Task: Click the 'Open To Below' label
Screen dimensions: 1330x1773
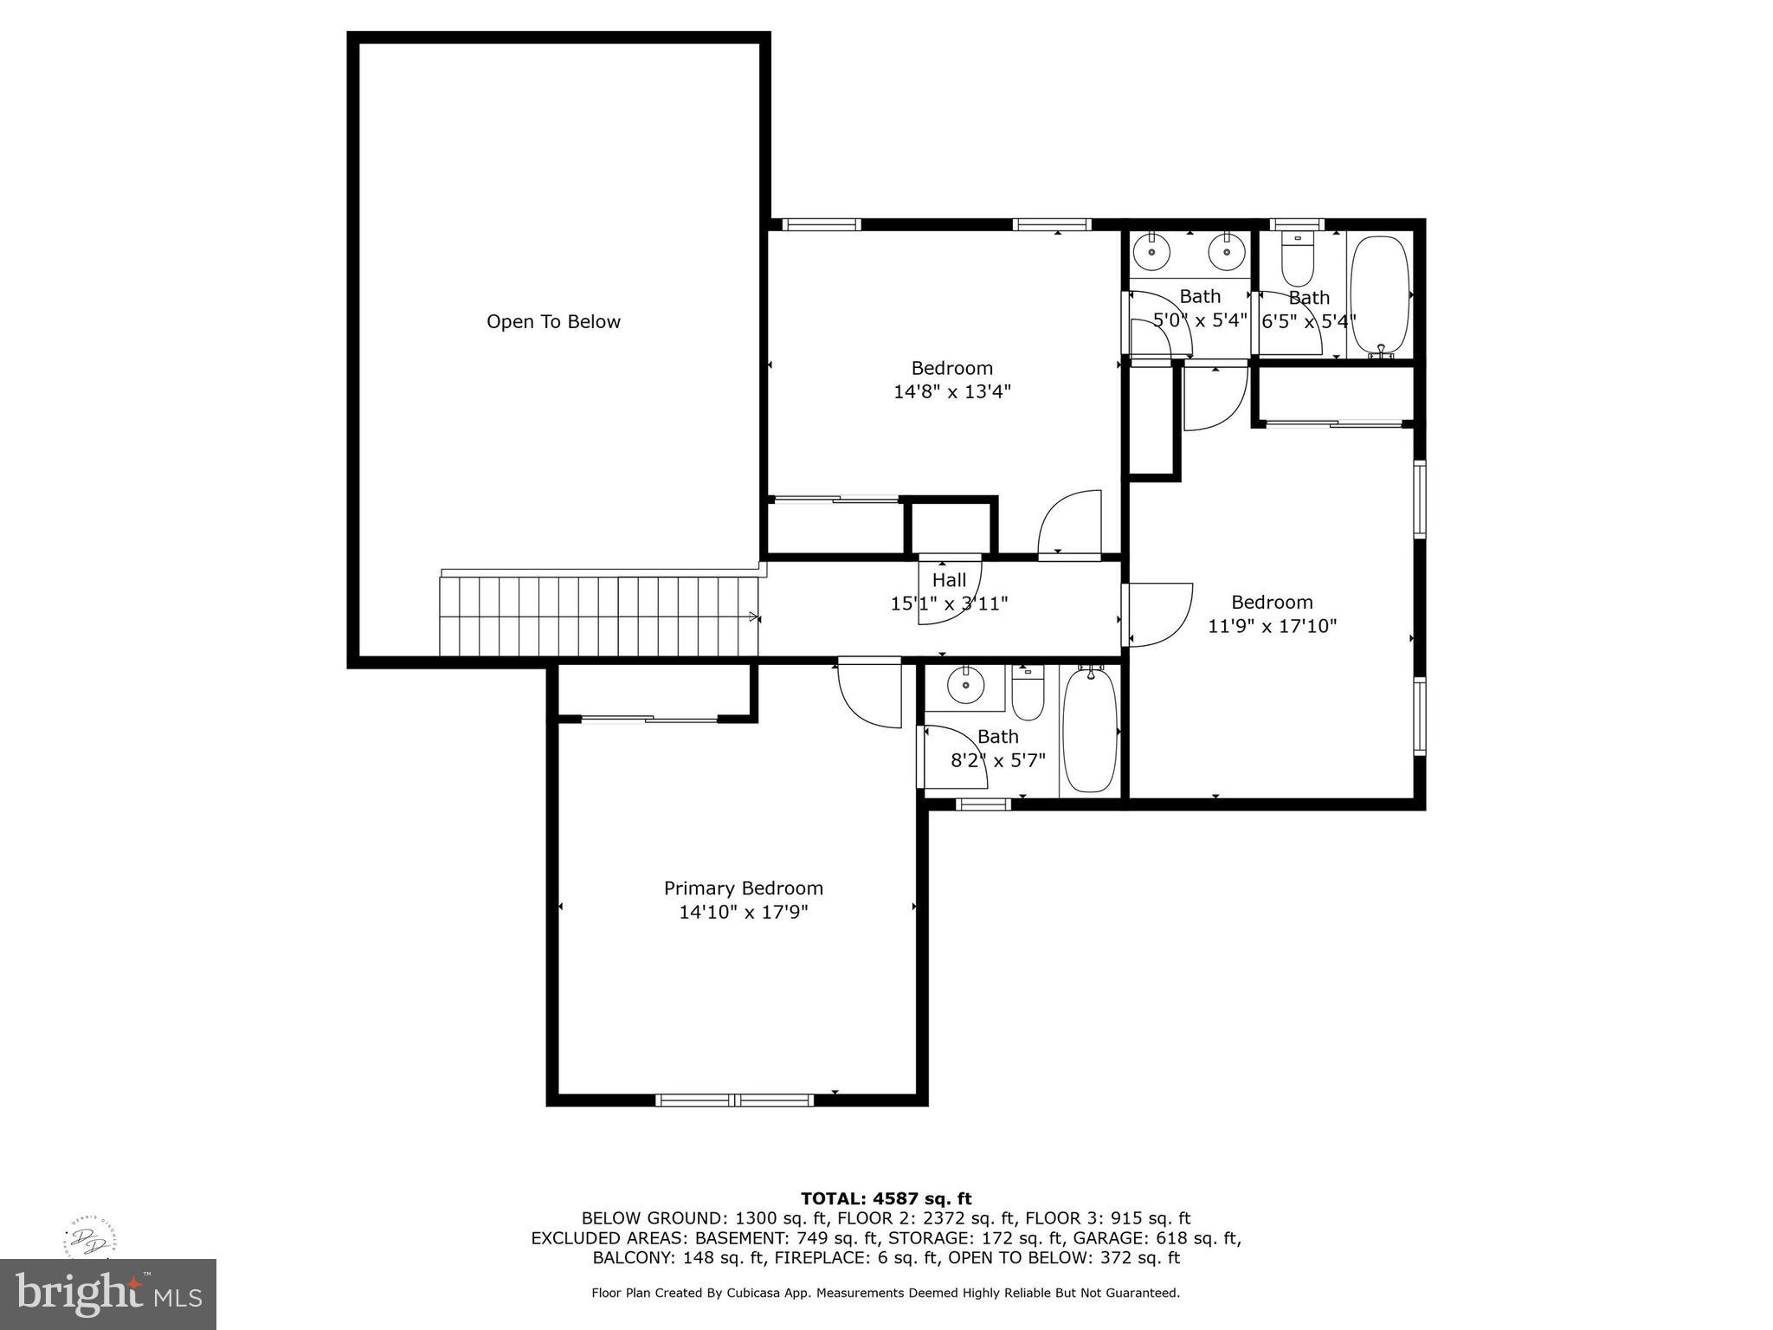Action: (x=553, y=322)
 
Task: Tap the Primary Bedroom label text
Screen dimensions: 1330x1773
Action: (x=743, y=888)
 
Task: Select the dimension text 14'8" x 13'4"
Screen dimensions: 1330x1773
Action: (x=951, y=392)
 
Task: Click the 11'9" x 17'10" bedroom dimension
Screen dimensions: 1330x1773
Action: (x=1272, y=626)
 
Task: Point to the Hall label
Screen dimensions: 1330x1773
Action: (x=949, y=580)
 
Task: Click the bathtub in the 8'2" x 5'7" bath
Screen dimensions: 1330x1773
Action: (x=1090, y=730)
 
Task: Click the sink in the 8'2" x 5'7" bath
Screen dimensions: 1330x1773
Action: (x=964, y=687)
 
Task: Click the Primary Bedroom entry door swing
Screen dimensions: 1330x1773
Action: (x=869, y=694)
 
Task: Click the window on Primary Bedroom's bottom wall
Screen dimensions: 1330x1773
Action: (x=734, y=1100)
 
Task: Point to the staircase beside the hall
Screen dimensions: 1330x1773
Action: (x=597, y=617)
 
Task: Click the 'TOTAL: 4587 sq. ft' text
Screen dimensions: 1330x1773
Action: (x=886, y=1198)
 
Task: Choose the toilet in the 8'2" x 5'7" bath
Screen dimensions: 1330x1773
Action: (x=1028, y=695)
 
